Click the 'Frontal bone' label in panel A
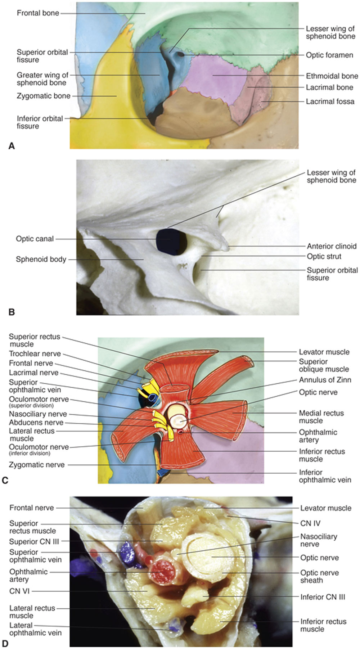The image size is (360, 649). tap(38, 13)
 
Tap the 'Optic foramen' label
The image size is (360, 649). tap(329, 55)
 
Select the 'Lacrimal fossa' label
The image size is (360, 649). tap(330, 102)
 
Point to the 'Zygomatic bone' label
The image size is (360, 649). tap(43, 96)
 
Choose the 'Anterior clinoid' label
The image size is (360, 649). tap(331, 246)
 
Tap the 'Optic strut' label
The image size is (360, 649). tap(324, 256)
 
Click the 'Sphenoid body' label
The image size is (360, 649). tap(41, 259)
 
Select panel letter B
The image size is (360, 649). tap(11, 312)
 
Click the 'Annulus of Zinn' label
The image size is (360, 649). tap(325, 379)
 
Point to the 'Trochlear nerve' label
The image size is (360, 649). tap(35, 353)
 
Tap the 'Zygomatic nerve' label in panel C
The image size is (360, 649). tap(37, 465)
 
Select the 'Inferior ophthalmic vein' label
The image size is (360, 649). tap(325, 476)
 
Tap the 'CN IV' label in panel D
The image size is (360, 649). tap(310, 523)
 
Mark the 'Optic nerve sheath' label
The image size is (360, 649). tap(319, 576)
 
